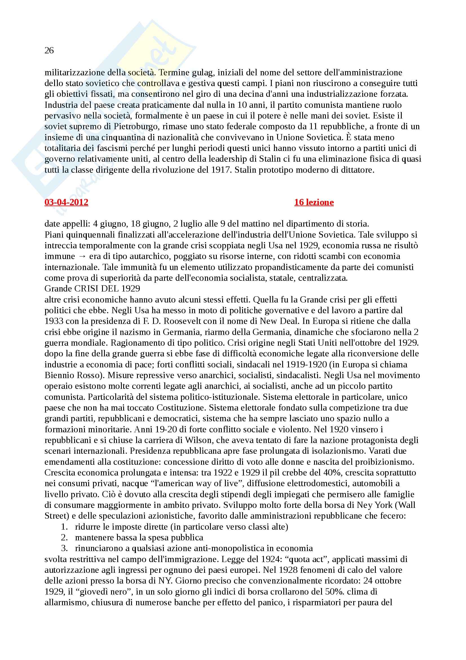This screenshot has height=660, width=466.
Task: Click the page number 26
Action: tap(49, 50)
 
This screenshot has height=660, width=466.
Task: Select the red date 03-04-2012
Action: tap(66, 202)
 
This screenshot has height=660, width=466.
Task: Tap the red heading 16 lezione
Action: tap(314, 202)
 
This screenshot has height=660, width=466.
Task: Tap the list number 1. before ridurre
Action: tap(64, 527)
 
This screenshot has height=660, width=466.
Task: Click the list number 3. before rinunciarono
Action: tap(64, 549)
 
